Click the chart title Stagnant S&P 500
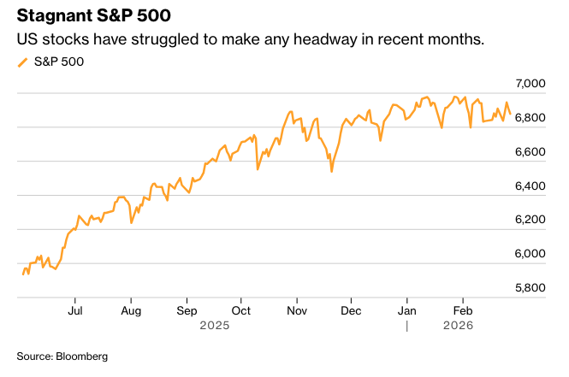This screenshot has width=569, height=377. tap(99, 17)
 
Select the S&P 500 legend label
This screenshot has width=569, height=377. tap(59, 62)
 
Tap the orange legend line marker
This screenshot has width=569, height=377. tap(22, 62)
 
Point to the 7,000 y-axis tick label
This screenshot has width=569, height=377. tap(530, 84)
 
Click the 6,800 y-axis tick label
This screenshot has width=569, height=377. tap(530, 118)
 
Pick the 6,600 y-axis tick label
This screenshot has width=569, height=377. tap(530, 152)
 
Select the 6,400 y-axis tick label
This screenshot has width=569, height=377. tap(530, 186)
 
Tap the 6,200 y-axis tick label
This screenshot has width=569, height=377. tap(530, 220)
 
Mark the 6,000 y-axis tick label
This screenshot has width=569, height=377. tap(530, 254)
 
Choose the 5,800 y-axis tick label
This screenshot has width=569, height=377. tap(530, 288)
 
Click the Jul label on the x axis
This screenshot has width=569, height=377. tap(75, 311)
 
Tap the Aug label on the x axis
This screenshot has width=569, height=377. tap(130, 311)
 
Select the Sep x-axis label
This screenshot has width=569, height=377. tap(187, 311)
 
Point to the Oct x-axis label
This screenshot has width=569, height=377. tap(241, 311)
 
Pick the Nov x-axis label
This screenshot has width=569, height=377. tap(297, 311)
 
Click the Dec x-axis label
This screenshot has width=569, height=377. tap(352, 311)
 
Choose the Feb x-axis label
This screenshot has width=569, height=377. tap(463, 311)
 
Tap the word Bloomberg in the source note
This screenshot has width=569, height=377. tap(83, 356)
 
